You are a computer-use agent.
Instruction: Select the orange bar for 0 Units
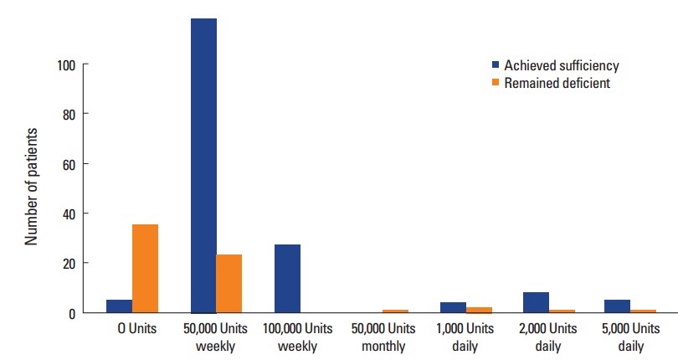coord(145,268)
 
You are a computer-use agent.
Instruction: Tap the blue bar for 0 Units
coord(119,306)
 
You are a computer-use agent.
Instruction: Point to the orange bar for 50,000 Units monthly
coord(395,311)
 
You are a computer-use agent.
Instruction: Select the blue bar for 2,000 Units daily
coord(537,302)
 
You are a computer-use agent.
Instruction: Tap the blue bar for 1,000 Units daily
coord(453,307)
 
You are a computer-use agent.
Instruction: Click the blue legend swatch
coord(495,65)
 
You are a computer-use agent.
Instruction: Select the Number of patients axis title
coord(32,186)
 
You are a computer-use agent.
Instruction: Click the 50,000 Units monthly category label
coord(383,337)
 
